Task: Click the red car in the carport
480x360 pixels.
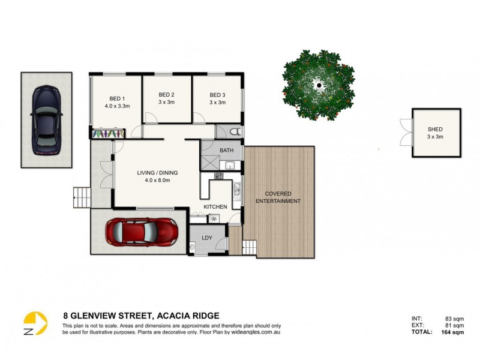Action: [x=142, y=232]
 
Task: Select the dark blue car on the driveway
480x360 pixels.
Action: [x=46, y=119]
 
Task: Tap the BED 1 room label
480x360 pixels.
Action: [x=117, y=98]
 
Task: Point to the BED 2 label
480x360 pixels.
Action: [x=166, y=95]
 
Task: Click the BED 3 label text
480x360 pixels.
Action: [x=217, y=95]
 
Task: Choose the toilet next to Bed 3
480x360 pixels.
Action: [x=236, y=131]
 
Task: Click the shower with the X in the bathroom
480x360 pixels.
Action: [x=210, y=161]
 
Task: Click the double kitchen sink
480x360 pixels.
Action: [x=237, y=191]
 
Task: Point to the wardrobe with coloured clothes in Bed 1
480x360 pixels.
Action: [x=108, y=132]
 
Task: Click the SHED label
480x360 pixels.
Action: [x=435, y=130]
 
